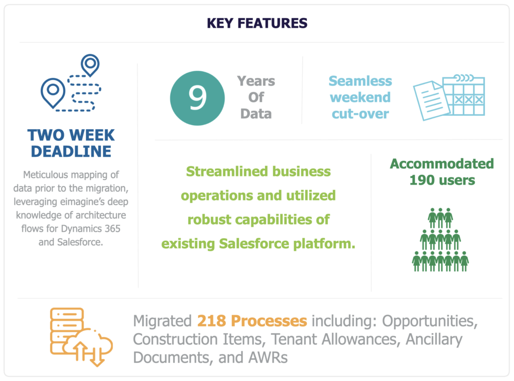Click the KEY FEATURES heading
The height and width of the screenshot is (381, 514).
click(x=257, y=23)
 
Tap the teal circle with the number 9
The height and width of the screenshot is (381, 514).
click(x=197, y=98)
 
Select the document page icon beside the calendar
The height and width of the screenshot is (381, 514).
click(x=430, y=101)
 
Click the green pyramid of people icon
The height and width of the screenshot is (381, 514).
click(x=440, y=240)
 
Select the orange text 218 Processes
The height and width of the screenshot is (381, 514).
click(x=252, y=321)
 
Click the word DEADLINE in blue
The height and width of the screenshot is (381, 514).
click(x=71, y=151)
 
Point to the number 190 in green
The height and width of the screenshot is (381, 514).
click(x=422, y=180)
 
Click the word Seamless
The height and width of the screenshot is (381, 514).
click(x=360, y=81)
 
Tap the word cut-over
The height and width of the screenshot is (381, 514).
click(x=360, y=114)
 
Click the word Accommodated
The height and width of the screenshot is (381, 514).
click(x=442, y=164)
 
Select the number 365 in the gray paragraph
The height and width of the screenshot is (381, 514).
click(x=112, y=228)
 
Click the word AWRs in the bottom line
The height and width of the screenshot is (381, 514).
click(x=268, y=358)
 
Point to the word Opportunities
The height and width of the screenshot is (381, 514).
click(x=430, y=321)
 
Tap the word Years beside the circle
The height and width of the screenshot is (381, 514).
click(x=256, y=81)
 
